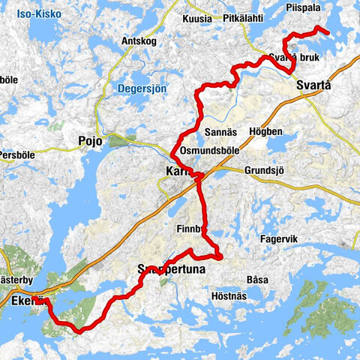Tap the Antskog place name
(x=138, y=41)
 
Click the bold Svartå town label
(x=313, y=85)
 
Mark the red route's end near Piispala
(x=328, y=33)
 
